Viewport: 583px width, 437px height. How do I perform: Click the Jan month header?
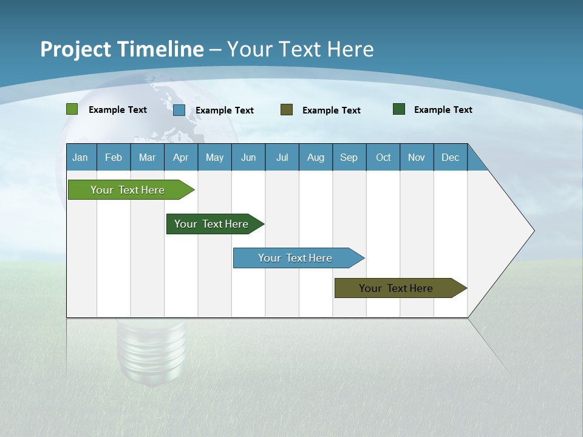point(80,157)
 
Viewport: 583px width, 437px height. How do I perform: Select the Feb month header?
point(114,157)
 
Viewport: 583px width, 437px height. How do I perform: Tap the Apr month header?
point(181,157)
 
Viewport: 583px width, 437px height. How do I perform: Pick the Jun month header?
point(248,157)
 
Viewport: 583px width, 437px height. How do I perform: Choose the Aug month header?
point(316,157)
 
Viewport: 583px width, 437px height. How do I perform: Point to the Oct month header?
point(383,157)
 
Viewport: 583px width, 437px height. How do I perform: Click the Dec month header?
point(451,157)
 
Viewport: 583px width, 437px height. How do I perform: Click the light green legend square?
point(72,109)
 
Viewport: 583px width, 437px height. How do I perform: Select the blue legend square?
point(179,110)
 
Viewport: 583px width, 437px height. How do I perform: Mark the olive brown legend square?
point(287,109)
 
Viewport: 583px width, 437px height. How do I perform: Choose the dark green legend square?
point(399,109)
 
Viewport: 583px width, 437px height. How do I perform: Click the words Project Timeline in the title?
point(122,49)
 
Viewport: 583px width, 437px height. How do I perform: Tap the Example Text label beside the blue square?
point(225,110)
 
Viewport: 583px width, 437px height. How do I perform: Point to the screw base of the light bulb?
point(152,352)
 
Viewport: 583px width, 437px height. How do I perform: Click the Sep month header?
point(349,157)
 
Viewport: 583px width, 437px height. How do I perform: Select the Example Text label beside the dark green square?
point(443,110)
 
